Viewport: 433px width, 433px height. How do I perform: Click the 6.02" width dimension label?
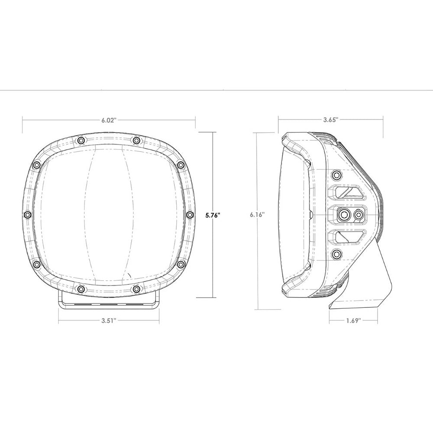[109, 121]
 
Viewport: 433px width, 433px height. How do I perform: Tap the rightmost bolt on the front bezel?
[189, 215]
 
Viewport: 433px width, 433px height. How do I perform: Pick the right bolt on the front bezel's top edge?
[136, 140]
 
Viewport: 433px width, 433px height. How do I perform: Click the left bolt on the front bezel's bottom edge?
[81, 288]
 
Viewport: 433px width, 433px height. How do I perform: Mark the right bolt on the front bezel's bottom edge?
[136, 288]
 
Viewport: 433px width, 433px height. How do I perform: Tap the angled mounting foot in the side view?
[364, 286]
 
